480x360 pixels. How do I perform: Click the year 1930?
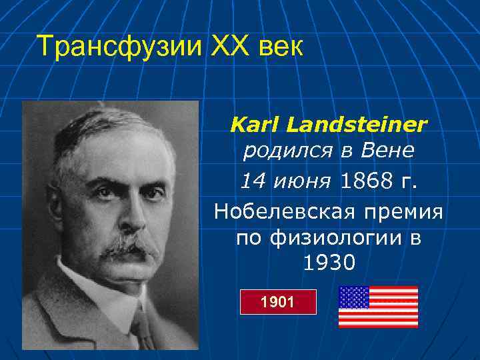point(329,264)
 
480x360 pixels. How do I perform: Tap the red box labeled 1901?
point(277,302)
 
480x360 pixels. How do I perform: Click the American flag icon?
point(378,307)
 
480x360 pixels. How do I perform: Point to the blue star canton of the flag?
point(354,297)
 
